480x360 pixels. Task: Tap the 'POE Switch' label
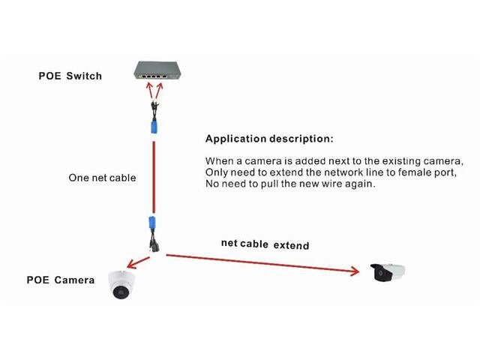70,76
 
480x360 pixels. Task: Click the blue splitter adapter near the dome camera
155,225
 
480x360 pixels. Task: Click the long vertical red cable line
154,172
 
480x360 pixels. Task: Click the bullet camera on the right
388,271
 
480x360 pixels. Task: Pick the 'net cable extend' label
265,244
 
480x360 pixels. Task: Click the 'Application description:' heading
269,139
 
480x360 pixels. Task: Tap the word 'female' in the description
395,172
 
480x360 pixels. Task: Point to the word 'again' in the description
359,184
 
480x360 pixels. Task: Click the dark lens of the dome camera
119,292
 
